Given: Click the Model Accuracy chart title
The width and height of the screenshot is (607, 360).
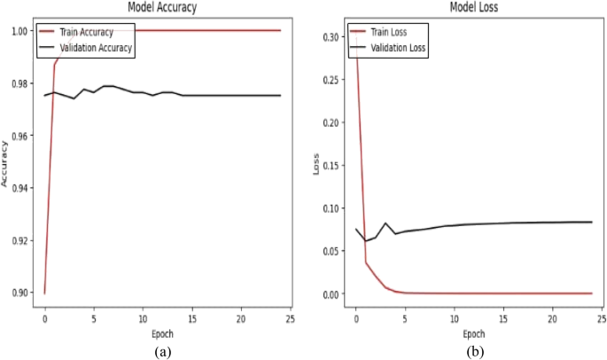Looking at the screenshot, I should click(x=162, y=7).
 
